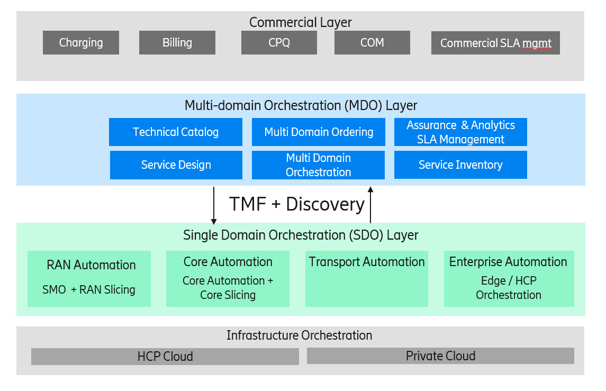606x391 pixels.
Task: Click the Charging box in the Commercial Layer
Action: coord(81,43)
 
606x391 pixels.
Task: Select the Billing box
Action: coord(177,43)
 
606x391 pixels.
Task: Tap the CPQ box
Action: coord(279,43)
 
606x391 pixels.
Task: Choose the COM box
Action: coord(372,43)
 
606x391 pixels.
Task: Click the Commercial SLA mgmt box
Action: coord(495,43)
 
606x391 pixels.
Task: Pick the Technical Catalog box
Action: coord(176,132)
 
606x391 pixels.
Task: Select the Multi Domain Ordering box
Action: coord(319,132)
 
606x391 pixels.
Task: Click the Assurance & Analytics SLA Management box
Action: coord(460,132)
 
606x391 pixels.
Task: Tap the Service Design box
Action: coord(176,165)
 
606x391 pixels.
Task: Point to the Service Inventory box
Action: coord(460,165)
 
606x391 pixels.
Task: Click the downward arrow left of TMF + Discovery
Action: coord(214,205)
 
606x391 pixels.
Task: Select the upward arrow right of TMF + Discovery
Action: coord(370,205)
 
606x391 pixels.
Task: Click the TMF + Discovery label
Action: coord(297,204)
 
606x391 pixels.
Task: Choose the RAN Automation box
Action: coord(89,279)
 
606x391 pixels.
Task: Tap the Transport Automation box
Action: coord(367,279)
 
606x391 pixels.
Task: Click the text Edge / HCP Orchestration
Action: coord(509,288)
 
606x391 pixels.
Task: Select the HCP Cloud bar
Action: coord(165,357)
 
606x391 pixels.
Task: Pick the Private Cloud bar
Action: coord(440,356)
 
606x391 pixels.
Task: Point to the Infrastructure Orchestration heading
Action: coord(299,335)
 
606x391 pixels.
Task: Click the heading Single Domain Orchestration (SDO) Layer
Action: coord(301,235)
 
